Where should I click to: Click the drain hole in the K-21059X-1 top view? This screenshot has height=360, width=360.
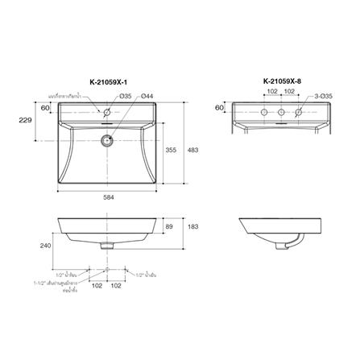(x=106, y=139)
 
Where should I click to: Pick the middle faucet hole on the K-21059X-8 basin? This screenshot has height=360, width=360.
(x=279, y=112)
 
